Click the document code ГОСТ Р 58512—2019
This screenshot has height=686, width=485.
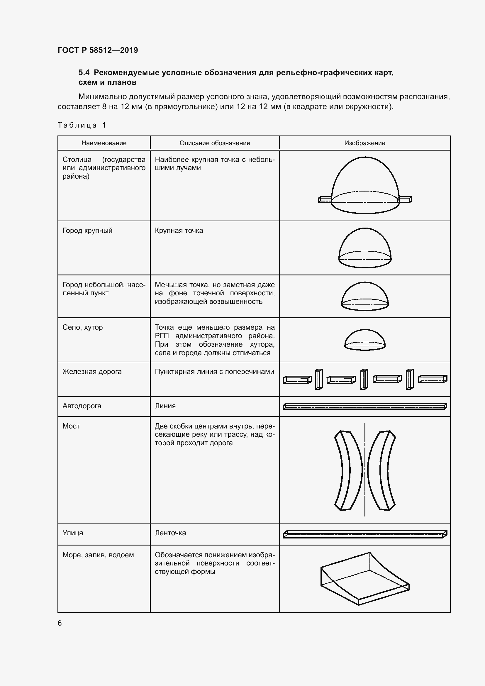(98, 50)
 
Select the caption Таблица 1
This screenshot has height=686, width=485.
(82, 125)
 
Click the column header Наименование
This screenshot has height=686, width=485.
(104, 143)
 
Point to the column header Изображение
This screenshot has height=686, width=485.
(365, 143)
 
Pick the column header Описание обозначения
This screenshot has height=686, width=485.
(214, 143)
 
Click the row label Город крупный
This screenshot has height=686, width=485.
(87, 231)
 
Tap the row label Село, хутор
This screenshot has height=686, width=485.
(82, 328)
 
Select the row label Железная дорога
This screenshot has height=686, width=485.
(92, 372)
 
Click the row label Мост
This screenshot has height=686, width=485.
(71, 426)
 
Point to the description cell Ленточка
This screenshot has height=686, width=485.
(170, 533)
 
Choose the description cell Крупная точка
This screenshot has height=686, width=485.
(179, 231)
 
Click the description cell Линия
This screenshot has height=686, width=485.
(165, 406)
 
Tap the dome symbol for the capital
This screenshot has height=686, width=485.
(365, 185)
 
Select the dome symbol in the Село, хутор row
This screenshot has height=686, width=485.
(365, 340)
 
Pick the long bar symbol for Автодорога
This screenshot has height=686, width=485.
(365, 406)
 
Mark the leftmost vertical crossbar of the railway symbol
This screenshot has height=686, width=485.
(319, 379)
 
